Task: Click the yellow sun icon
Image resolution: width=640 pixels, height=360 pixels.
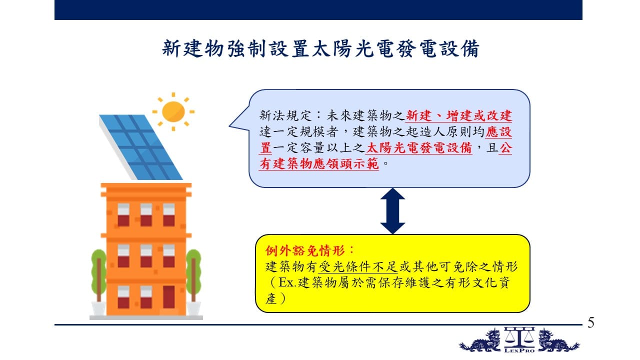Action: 173,111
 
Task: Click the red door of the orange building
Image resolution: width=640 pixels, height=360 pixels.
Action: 168,297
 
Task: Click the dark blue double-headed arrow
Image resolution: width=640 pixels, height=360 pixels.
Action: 392,211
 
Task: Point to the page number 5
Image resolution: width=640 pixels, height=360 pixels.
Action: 591,323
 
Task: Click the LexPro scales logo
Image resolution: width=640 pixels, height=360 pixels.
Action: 519,340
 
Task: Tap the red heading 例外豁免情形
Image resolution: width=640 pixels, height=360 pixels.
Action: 305,251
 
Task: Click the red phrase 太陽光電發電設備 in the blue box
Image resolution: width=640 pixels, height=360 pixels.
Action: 419,147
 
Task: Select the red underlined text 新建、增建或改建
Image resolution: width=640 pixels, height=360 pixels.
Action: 459,115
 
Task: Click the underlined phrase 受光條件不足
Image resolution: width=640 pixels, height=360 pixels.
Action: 358,267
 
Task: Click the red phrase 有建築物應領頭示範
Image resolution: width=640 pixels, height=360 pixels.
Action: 319,163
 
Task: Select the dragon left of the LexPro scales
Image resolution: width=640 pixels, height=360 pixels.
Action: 480,341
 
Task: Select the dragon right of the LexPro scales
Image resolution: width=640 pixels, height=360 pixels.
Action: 558,341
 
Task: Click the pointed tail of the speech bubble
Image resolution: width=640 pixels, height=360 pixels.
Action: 229,125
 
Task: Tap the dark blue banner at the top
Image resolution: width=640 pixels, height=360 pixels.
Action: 318,9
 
